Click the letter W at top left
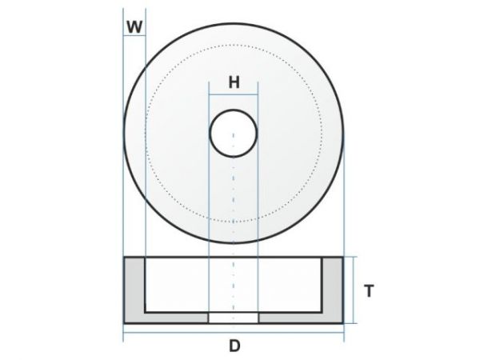pos(134,26)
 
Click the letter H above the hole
pos(234,82)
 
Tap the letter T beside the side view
pos(369,292)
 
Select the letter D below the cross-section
pos(234,346)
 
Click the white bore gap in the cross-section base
pos(234,318)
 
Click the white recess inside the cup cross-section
pos(184,284)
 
